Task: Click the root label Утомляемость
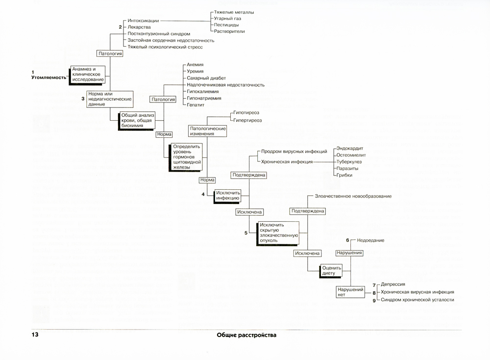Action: tap(48, 77)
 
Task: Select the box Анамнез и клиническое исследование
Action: tap(88, 74)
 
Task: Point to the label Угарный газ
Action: tap(227, 18)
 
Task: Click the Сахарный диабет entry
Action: tap(206, 78)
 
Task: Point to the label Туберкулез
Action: tap(349, 161)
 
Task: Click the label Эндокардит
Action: tap(350, 148)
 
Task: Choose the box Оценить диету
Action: tap(334, 270)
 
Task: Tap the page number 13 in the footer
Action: tap(35, 335)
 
